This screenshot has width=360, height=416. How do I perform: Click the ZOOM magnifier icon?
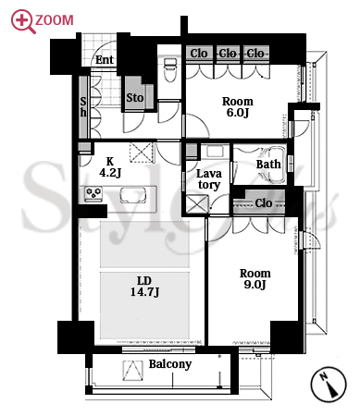23,21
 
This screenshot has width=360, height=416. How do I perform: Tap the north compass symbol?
328,385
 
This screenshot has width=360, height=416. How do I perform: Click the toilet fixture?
169,69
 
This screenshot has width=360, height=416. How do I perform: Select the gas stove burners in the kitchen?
93,194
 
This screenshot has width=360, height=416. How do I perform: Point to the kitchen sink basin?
133,195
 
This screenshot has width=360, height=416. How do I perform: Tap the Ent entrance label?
105,60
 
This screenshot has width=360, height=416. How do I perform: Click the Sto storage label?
135,98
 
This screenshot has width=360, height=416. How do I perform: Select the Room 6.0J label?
238,107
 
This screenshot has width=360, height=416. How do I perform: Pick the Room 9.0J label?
255,279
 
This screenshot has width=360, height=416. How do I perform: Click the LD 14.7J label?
144,287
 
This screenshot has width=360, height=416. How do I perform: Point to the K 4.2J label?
110,167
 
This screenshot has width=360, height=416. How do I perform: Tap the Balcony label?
170,364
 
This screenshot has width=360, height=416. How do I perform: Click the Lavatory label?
209,179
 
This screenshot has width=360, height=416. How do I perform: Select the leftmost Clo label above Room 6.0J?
199,54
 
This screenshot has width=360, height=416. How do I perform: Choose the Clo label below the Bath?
264,203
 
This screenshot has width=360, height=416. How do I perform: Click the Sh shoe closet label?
83,106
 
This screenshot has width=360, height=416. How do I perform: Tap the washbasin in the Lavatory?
215,152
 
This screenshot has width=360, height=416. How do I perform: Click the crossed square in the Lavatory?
197,204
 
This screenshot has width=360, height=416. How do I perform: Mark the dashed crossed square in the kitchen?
142,152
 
